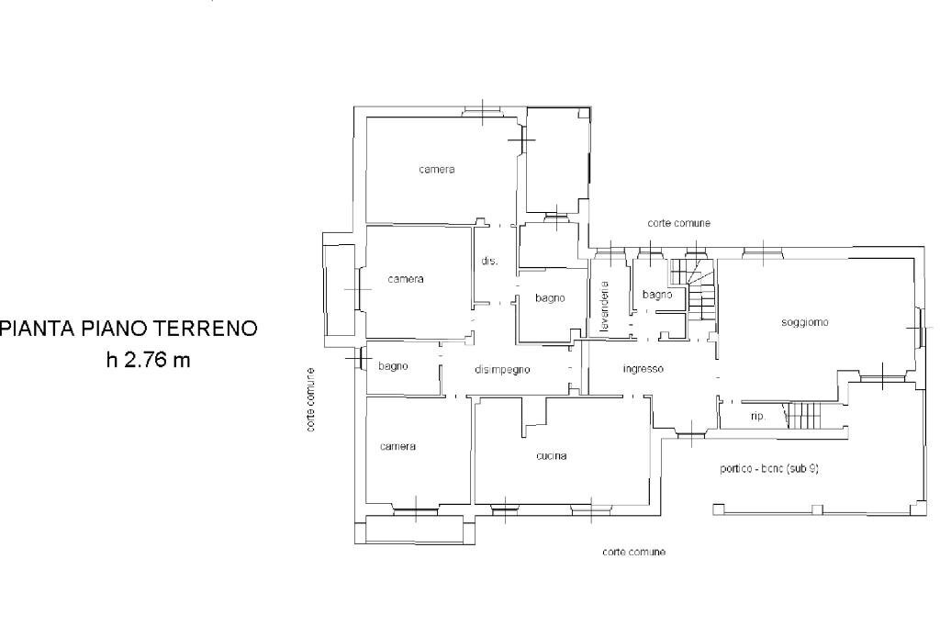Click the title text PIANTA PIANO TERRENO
click(x=129, y=328)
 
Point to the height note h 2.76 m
click(x=148, y=360)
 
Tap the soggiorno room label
click(x=805, y=322)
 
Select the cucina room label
click(x=552, y=456)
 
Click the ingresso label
click(x=643, y=369)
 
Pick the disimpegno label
click(x=502, y=369)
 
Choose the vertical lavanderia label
click(x=605, y=307)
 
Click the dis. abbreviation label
click(x=489, y=262)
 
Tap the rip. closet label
click(x=758, y=416)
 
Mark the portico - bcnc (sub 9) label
click(x=769, y=467)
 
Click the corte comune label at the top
click(x=678, y=223)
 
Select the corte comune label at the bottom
click(x=633, y=552)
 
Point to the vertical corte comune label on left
click(x=312, y=400)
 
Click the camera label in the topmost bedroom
click(x=437, y=170)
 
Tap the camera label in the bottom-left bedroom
click(x=397, y=446)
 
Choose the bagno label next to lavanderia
click(x=657, y=295)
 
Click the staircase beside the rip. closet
click(x=805, y=415)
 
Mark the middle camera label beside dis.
click(x=405, y=279)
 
